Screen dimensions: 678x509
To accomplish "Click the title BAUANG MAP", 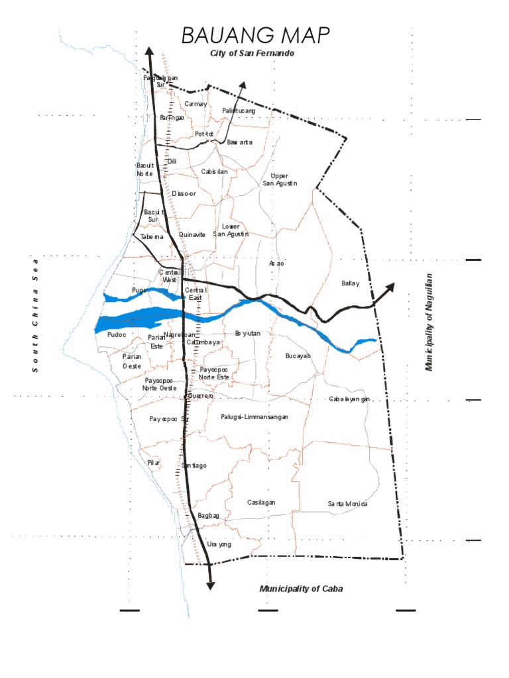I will (x=255, y=36).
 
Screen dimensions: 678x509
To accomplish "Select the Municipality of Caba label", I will (x=302, y=589).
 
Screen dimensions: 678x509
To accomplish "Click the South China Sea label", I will (x=36, y=315).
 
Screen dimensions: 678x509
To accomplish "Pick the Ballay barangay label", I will (x=351, y=283).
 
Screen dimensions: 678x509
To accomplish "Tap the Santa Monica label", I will (x=347, y=504).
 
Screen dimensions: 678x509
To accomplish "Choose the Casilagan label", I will (x=261, y=503).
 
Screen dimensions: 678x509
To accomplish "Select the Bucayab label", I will (x=298, y=356).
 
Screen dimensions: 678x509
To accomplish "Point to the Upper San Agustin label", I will (x=280, y=179).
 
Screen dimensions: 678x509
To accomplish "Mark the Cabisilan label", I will (x=215, y=171).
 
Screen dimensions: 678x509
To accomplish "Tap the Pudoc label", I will (x=115, y=335).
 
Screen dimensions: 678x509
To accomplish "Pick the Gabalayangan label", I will (x=349, y=399).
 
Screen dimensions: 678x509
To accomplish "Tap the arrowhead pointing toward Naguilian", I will (x=389, y=287).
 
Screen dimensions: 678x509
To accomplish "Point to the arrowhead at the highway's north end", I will (x=150, y=52).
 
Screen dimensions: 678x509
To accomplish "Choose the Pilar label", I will (x=154, y=463).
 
